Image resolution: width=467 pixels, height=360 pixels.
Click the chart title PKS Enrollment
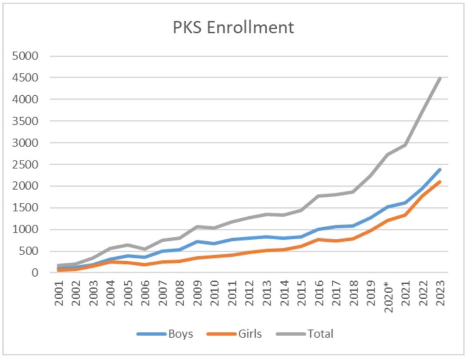(233, 27)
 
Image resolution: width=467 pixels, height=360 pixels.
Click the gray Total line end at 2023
(440, 78)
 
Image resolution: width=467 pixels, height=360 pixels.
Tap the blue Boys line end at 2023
(440, 169)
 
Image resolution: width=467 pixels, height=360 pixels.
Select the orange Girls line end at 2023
(440, 182)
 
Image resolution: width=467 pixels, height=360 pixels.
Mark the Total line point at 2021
(406, 145)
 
